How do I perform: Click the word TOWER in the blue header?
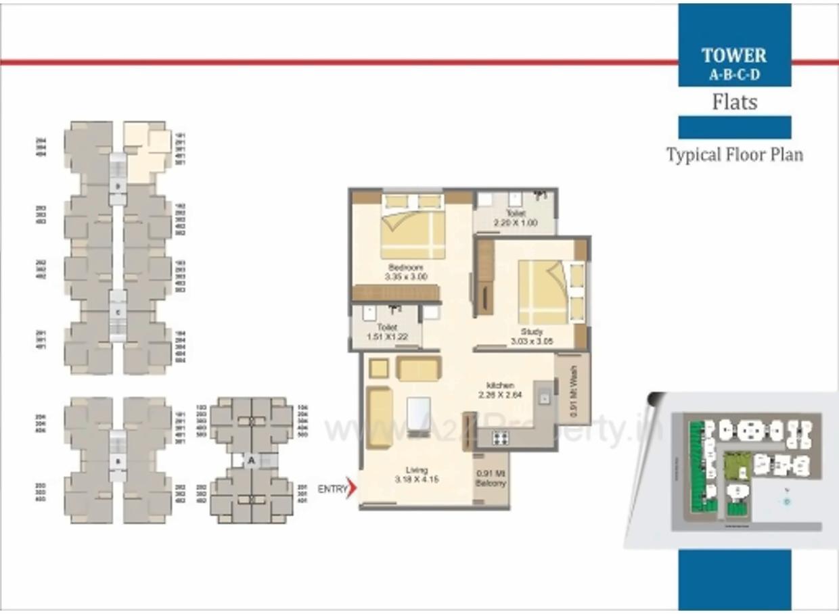click(x=734, y=55)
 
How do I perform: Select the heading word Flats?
click(x=734, y=102)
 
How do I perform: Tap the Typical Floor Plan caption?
click(x=735, y=154)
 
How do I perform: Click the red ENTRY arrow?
click(x=350, y=488)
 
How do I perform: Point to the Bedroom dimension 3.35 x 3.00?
click(x=406, y=277)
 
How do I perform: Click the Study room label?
click(x=532, y=332)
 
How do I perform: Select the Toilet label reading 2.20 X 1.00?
click(x=516, y=222)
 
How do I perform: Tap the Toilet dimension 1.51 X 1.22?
click(x=387, y=337)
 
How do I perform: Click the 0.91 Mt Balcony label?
click(x=491, y=479)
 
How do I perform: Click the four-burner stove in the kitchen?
click(x=501, y=438)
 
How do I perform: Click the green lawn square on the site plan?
click(x=733, y=465)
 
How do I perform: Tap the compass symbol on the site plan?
click(x=786, y=501)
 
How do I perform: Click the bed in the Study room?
click(x=543, y=291)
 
